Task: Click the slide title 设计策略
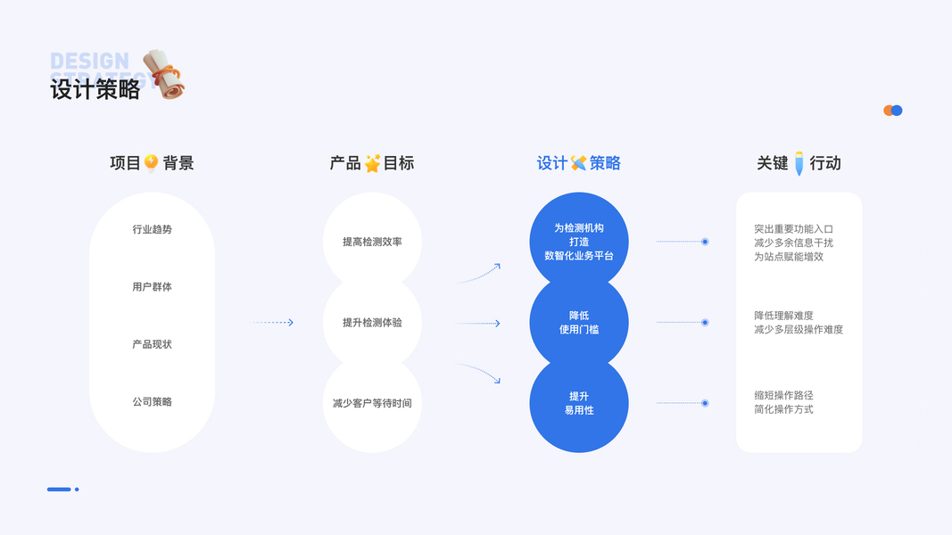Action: pos(95,89)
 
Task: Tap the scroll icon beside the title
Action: pos(163,74)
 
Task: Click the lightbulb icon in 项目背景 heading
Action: pos(151,163)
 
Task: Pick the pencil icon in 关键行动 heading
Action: pos(799,163)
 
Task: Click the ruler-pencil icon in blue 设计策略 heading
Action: pos(578,163)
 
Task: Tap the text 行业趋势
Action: pos(152,229)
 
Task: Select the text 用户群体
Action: pos(152,287)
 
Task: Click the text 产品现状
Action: pos(152,344)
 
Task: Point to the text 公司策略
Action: pos(152,402)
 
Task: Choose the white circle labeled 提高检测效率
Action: pos(372,242)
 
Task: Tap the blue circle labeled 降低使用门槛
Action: pos(579,322)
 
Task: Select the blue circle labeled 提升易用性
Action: pos(579,403)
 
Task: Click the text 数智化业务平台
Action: pos(579,256)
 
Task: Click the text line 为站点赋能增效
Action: pos(789,257)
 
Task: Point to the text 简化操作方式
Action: pos(783,409)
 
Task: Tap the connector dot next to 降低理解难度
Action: pos(705,322)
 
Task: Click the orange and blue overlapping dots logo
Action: pos(892,111)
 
